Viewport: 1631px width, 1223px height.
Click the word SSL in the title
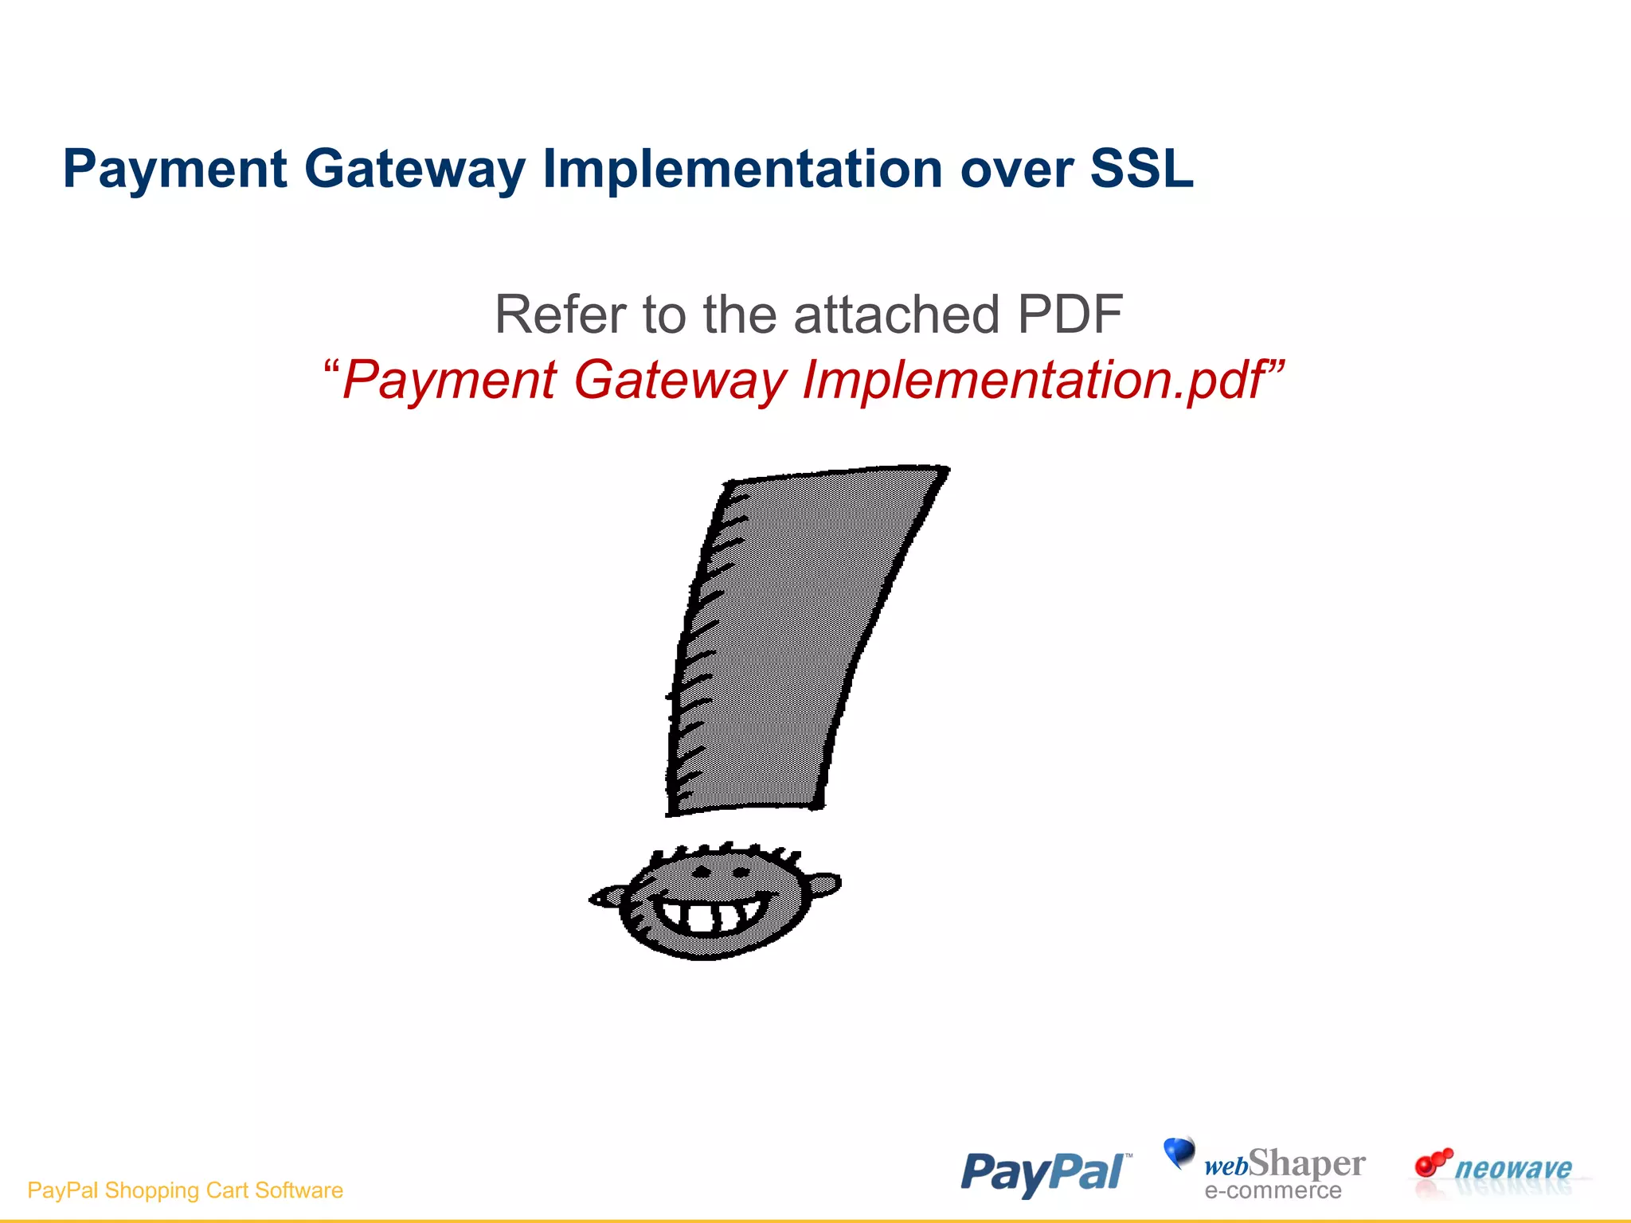(1141, 169)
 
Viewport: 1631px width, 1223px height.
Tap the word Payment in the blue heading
(174, 169)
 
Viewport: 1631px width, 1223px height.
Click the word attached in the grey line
(896, 314)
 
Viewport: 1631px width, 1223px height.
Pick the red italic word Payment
(449, 381)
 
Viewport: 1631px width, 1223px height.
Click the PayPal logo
(1044, 1173)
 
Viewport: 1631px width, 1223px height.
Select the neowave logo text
(1513, 1168)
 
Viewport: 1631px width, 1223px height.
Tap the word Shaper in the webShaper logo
(1306, 1163)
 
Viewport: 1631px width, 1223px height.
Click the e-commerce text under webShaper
(1273, 1190)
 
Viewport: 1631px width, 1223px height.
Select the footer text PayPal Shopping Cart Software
(185, 1190)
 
